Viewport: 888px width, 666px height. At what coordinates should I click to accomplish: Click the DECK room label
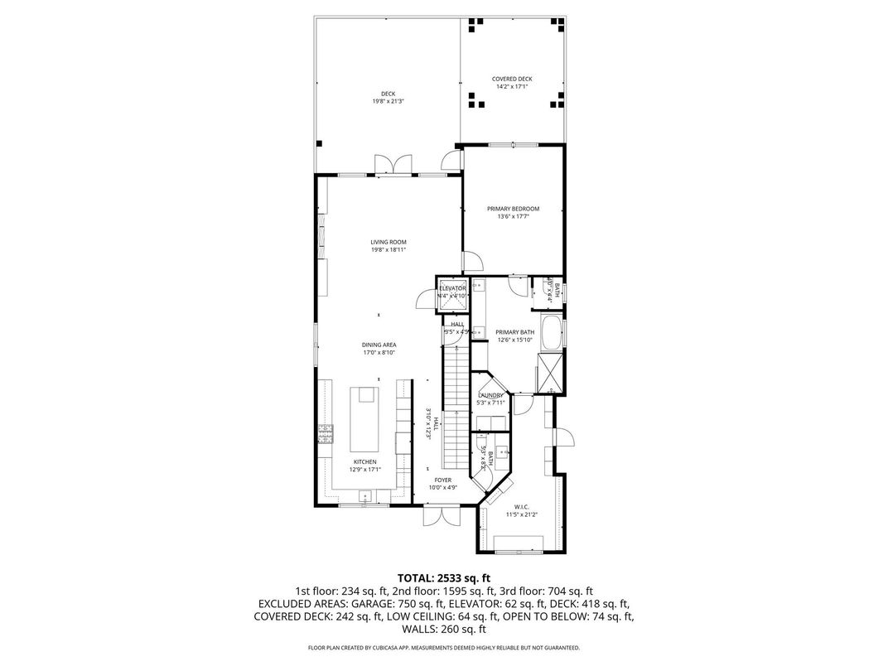pos(388,94)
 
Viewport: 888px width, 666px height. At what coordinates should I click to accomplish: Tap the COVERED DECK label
pos(511,80)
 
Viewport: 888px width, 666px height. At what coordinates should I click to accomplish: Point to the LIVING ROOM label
pos(388,242)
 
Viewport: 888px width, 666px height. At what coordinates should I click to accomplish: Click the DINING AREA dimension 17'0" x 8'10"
pos(379,352)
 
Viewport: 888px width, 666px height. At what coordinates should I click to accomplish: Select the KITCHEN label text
pos(365,461)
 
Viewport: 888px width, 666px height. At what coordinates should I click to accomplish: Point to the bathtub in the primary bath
pos(551,331)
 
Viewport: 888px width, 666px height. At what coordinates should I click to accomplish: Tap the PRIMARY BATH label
pos(515,332)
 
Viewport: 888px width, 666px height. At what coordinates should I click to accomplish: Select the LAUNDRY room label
pos(490,396)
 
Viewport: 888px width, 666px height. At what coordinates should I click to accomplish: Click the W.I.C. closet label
pos(521,507)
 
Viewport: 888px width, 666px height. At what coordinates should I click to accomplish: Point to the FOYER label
pos(443,480)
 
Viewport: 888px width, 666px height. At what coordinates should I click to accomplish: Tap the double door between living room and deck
pos(392,165)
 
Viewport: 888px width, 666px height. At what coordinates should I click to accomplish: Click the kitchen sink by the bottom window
pos(364,495)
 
